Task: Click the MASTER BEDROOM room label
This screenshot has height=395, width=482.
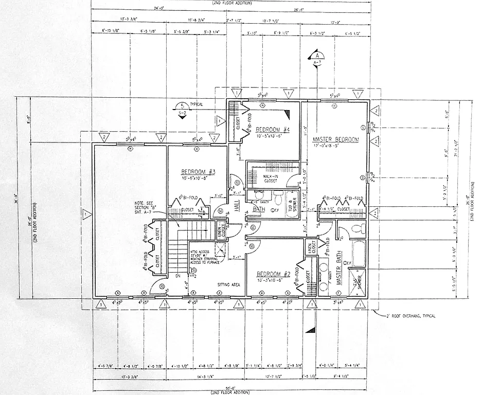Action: [x=335, y=139]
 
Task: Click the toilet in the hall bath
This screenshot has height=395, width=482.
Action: [x=278, y=198]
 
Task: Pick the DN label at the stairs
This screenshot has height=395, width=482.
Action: [x=178, y=275]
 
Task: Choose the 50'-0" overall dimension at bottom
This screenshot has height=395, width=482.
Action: [x=229, y=387]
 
